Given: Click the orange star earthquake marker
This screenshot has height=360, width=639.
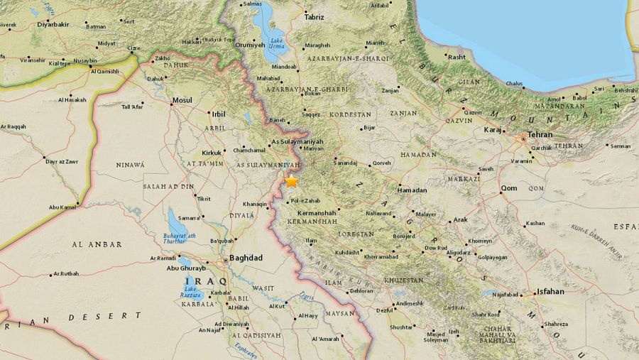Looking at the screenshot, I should click(x=292, y=182).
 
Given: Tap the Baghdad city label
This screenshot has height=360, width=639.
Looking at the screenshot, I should click(x=246, y=257).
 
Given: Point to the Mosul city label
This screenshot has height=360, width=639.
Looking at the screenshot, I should click(x=182, y=100).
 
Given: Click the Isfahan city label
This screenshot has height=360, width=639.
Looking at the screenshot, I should click(x=551, y=291).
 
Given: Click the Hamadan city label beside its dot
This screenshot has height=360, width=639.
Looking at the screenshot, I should click(x=413, y=190).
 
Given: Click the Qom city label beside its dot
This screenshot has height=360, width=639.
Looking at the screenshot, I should click(x=509, y=188).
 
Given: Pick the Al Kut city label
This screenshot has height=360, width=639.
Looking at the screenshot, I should click(x=277, y=306).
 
